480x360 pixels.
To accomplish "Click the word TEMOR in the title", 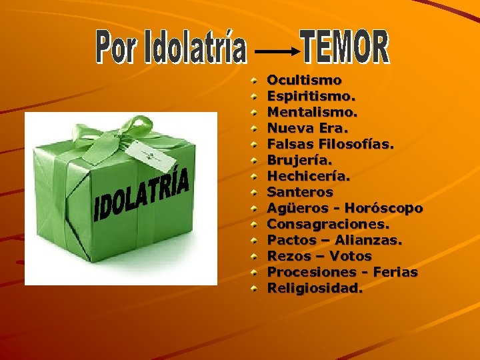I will click(345, 47).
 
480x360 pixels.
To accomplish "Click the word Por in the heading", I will click(116, 48).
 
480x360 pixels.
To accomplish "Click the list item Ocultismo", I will click(304, 80).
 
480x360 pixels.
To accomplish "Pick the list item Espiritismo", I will click(311, 96).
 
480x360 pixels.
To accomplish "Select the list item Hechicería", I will click(309, 176).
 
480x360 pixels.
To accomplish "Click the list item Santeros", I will click(300, 192).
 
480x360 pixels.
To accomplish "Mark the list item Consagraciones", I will click(328, 224).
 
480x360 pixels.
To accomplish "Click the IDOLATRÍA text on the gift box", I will click(143, 194).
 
